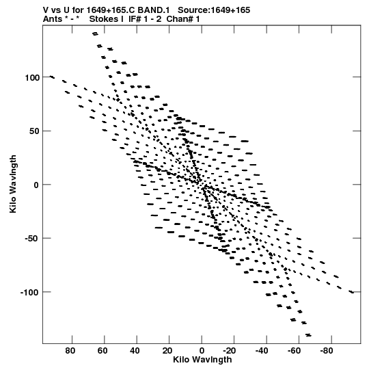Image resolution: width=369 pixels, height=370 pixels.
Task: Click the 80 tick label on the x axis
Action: [x=70, y=351]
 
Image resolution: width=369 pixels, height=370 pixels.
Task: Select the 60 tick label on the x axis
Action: [x=102, y=351]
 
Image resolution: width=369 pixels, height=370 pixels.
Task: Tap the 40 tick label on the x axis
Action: [x=135, y=351]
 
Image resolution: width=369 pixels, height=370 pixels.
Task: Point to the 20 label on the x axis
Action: [x=167, y=351]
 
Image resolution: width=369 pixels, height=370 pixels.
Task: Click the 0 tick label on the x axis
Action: [x=202, y=351]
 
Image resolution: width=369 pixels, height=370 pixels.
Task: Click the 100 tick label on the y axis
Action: [x=33, y=77]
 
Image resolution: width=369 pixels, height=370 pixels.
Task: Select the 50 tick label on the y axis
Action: [x=34, y=131]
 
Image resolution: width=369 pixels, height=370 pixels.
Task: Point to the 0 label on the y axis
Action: [x=36, y=185]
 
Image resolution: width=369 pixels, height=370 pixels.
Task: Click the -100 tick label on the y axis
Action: [x=29, y=293]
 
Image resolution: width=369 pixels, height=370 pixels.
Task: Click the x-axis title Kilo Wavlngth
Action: [x=202, y=360]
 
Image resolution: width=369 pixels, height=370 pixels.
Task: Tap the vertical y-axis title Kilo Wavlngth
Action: [x=13, y=184]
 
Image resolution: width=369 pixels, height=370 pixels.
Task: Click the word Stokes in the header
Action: [x=107, y=19]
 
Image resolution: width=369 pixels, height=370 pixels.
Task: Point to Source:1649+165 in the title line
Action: [x=214, y=10]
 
